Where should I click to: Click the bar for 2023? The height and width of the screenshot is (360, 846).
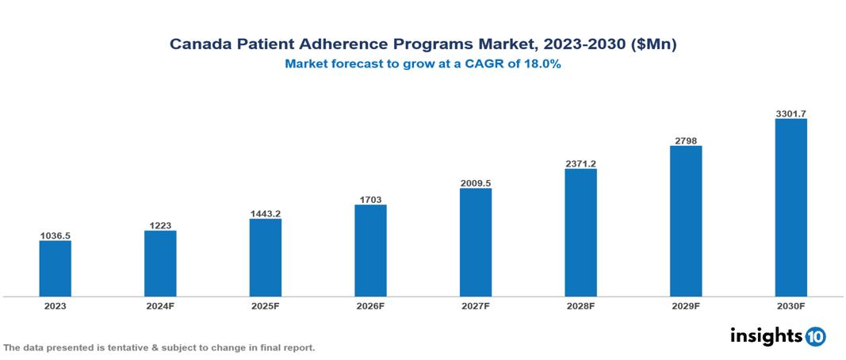[55, 268]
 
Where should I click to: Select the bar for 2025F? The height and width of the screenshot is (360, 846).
[265, 257]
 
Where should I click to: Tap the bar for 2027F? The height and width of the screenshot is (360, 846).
[475, 242]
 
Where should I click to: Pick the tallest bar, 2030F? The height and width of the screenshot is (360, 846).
[790, 208]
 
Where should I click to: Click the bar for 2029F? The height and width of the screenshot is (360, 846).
[686, 220]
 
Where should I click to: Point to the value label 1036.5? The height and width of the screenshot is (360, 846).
[55, 236]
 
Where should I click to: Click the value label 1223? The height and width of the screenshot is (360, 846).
[160, 225]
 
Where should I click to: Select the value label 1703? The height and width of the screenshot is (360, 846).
[370, 200]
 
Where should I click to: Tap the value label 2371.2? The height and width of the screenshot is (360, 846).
[580, 163]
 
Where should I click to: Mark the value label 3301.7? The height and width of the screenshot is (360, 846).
[790, 114]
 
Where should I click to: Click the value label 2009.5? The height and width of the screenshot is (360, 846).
[475, 183]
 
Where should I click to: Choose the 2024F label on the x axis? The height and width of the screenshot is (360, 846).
[160, 306]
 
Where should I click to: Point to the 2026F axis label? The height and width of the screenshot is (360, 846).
[370, 306]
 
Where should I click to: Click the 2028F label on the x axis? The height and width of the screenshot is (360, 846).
[580, 306]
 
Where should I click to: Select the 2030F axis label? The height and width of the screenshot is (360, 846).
[790, 306]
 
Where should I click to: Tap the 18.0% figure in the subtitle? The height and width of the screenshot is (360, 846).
[544, 65]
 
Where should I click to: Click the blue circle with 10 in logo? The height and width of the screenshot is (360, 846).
[815, 337]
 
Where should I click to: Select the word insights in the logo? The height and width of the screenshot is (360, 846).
[766, 335]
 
